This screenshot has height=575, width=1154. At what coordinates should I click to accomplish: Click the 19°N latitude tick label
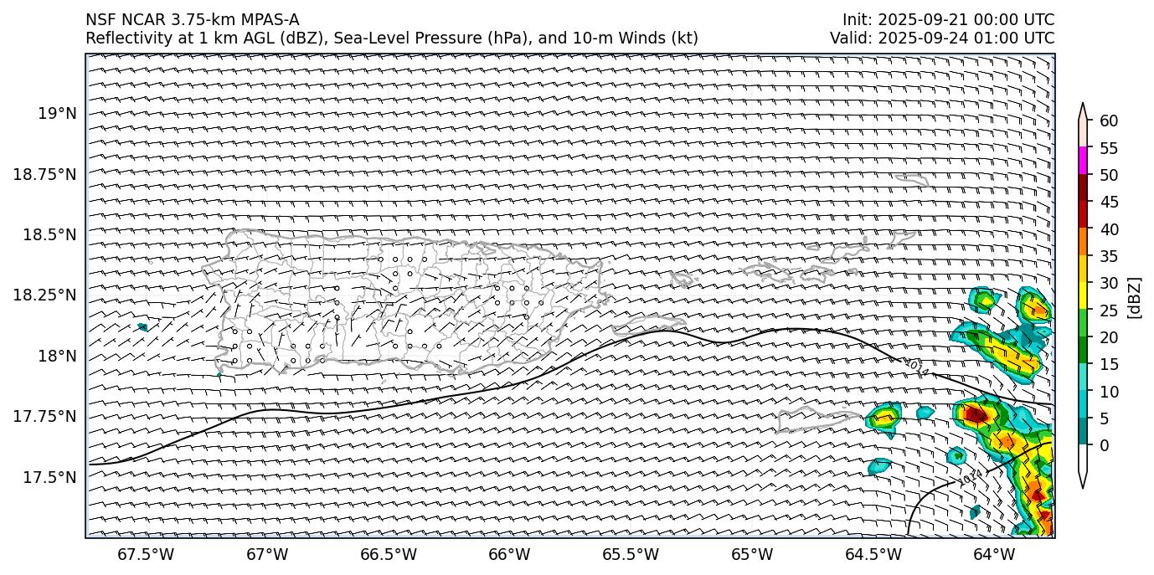(59, 113)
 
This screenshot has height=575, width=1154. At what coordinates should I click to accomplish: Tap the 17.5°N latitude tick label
(51, 477)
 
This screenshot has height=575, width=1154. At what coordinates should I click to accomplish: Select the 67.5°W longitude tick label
(146, 554)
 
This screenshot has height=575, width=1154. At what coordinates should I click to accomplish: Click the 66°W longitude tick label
(509, 554)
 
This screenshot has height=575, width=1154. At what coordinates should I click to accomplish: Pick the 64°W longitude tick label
(994, 554)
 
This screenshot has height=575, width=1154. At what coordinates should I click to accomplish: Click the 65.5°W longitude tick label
(631, 554)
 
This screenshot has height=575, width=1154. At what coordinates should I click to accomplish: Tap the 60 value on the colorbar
(1109, 121)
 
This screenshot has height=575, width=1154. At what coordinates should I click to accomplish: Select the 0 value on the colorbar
(1105, 445)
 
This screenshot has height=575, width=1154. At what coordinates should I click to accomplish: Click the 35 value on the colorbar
(1109, 256)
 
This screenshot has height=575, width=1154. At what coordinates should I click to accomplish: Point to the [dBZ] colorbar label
(1135, 297)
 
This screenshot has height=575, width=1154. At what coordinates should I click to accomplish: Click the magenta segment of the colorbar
(1083, 161)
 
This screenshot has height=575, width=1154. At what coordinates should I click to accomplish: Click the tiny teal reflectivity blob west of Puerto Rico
(142, 326)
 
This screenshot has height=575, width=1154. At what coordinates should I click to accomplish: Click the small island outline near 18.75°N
(911, 179)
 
